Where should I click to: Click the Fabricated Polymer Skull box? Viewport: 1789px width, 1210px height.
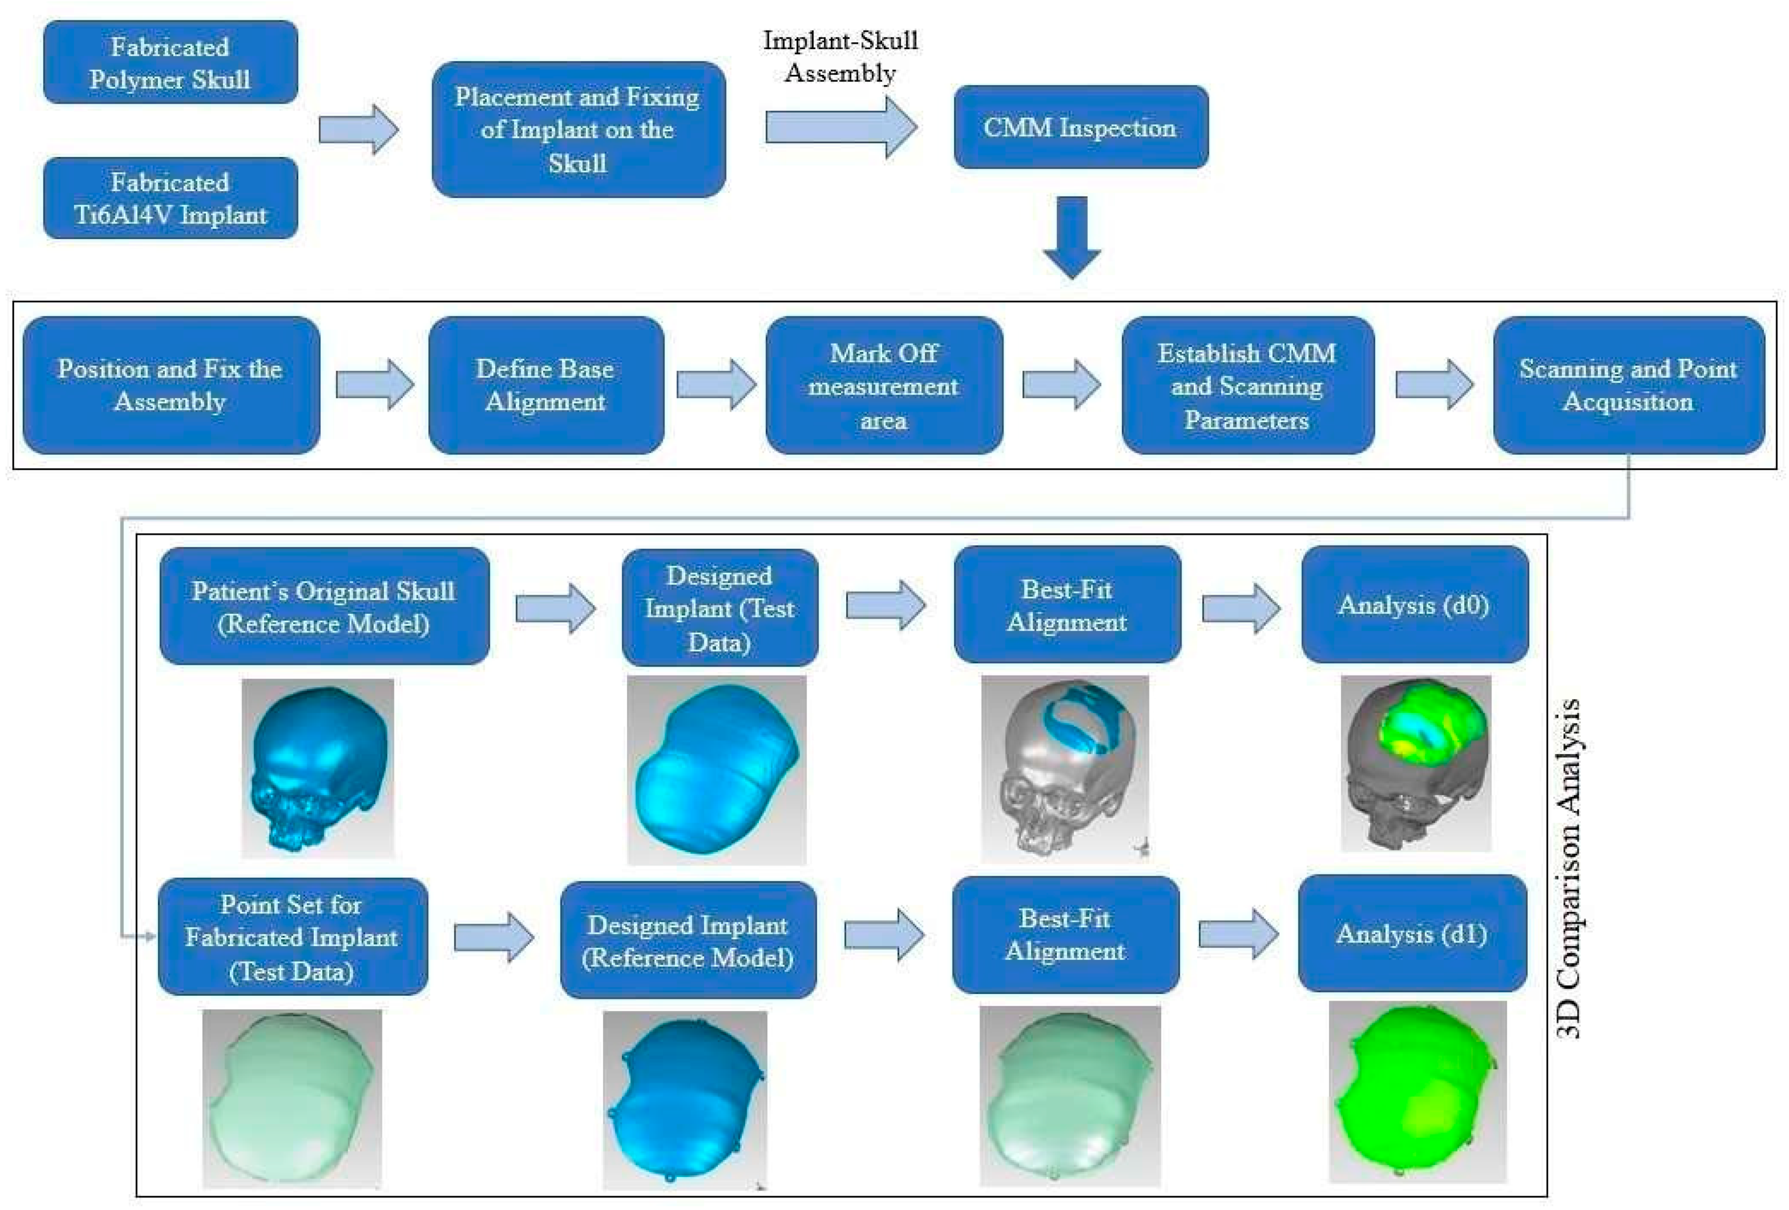pos(170,62)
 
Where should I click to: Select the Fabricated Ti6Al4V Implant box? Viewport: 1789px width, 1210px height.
pos(170,198)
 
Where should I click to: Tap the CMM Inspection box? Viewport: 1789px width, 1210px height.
pos(1080,127)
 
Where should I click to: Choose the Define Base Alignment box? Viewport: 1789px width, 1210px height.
pos(545,385)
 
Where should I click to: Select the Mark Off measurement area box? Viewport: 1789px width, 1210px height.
pos(884,385)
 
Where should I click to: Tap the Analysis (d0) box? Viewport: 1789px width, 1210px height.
pos(1413,605)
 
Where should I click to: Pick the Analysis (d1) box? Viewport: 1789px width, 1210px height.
pos(1411,934)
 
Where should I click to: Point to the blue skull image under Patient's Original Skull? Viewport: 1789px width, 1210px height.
pos(317,768)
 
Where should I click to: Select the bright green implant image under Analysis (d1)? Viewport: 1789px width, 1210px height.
pos(1416,1091)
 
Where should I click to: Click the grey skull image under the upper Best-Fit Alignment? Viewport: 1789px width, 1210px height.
pos(1065,768)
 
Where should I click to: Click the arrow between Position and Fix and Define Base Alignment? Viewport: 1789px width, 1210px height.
pos(375,384)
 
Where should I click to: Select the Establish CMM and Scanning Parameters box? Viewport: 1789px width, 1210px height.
pos(1247,385)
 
